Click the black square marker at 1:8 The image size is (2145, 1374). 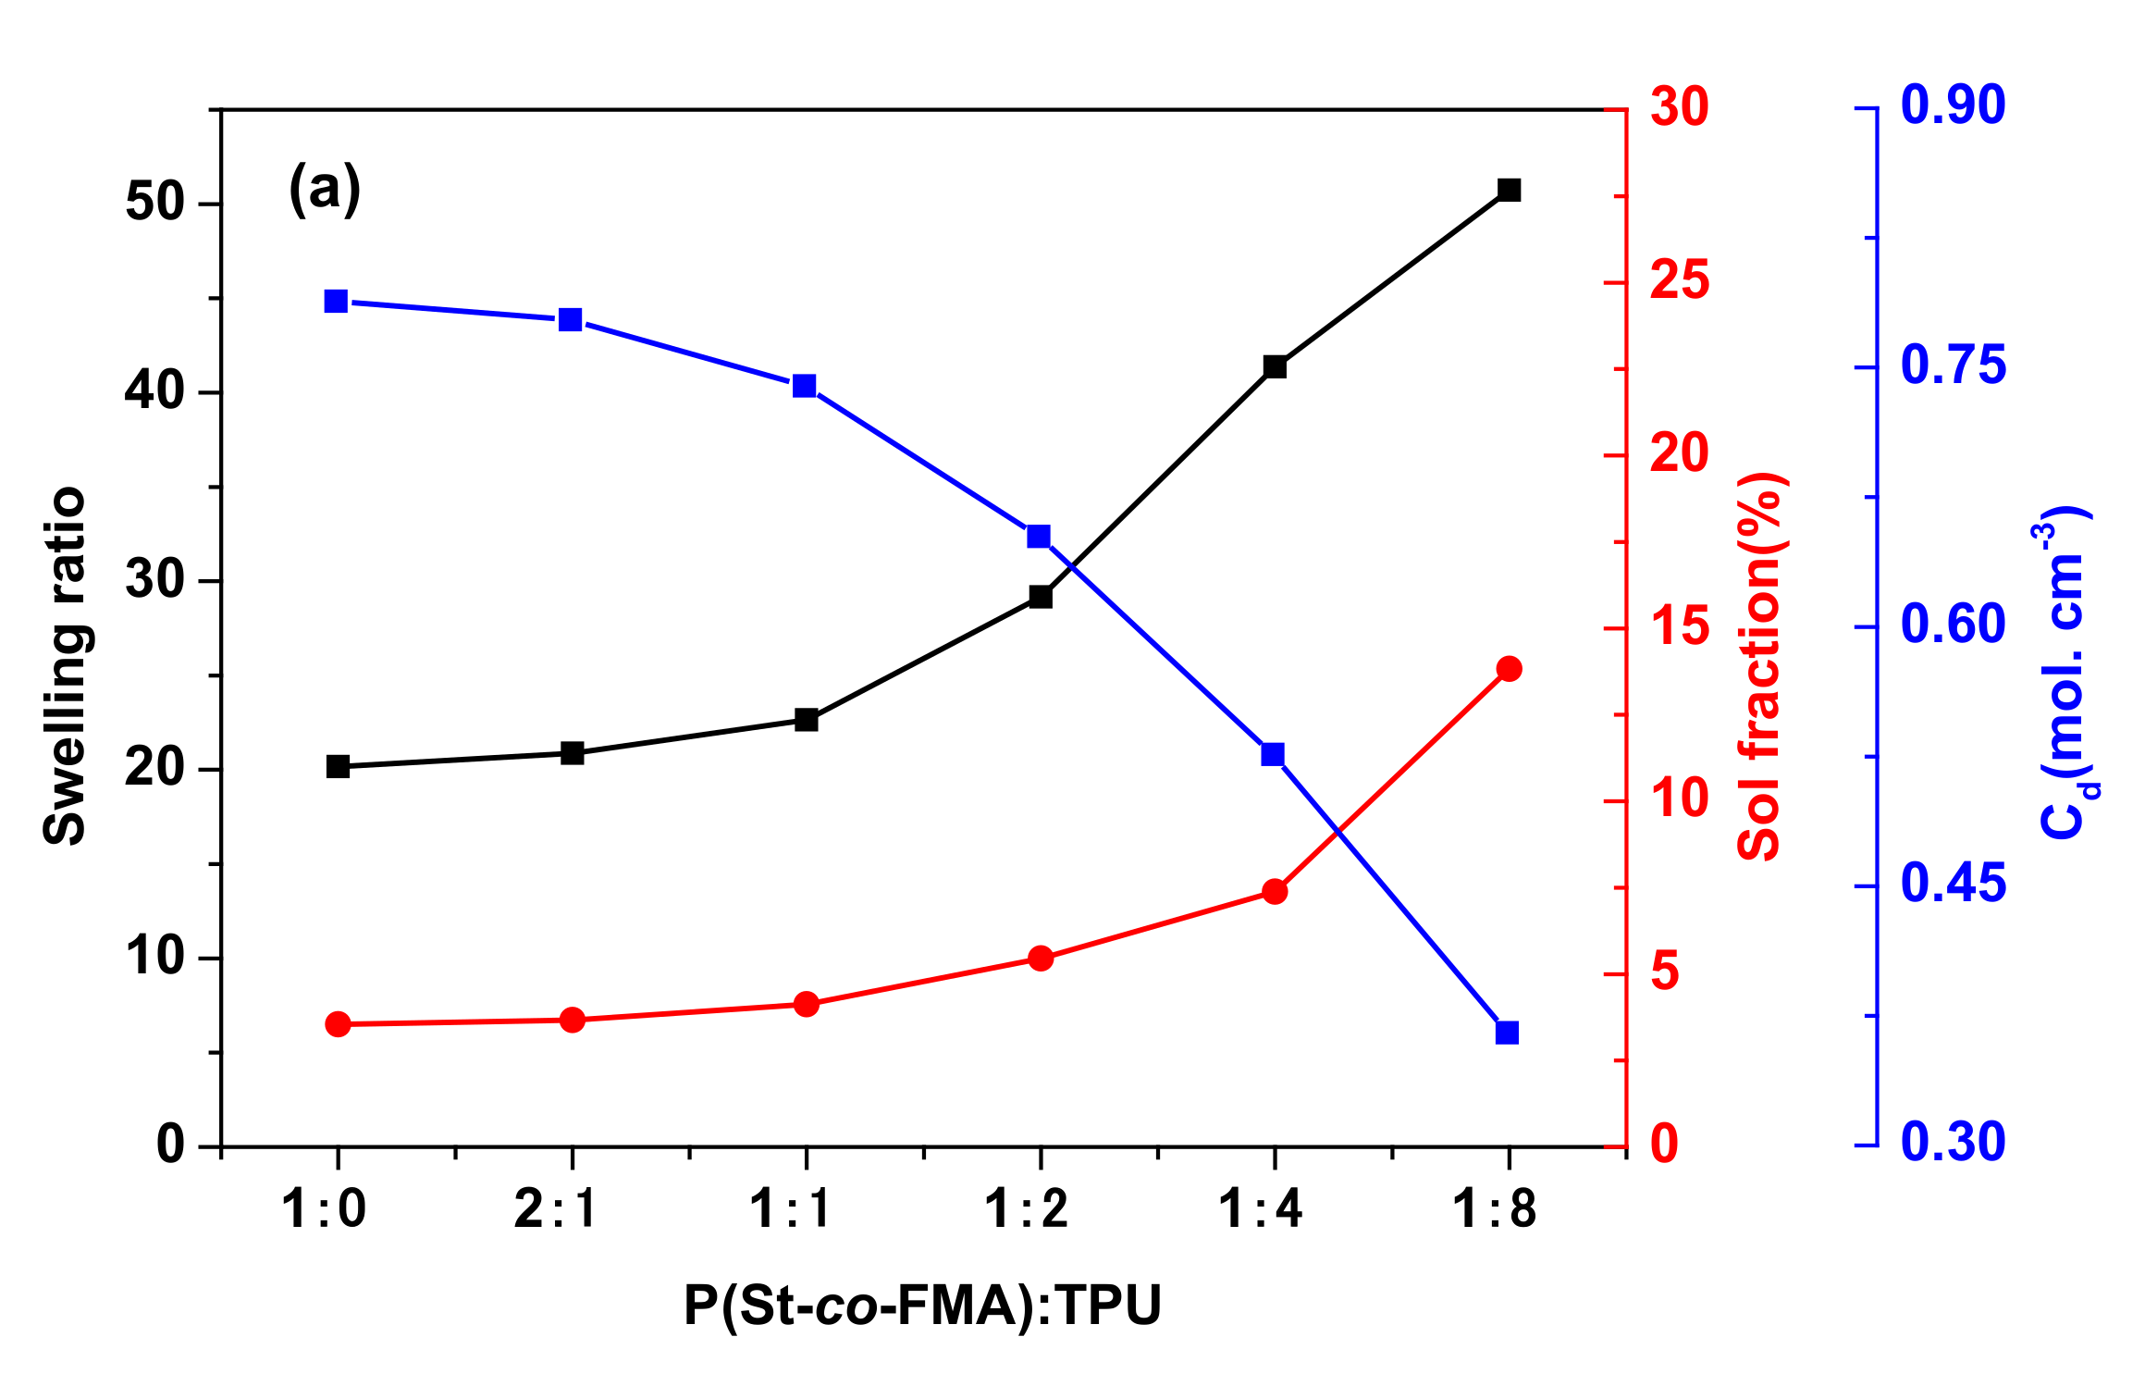point(1509,190)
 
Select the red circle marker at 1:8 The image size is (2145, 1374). point(1509,669)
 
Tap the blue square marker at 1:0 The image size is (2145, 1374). point(336,302)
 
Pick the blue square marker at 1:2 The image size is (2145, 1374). point(1039,537)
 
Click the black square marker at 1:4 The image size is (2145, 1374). point(1275,366)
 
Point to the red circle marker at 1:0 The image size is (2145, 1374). point(338,1024)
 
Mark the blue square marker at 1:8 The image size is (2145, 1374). point(1507,1033)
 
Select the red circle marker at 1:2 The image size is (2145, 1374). point(1041,959)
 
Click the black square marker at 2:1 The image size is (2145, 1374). point(573,753)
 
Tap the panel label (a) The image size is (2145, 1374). point(325,189)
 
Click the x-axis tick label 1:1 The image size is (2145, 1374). point(792,1208)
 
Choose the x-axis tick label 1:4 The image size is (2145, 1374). point(1261,1208)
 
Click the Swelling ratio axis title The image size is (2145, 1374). point(65,666)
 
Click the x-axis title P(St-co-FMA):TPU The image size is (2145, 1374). point(922,1306)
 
